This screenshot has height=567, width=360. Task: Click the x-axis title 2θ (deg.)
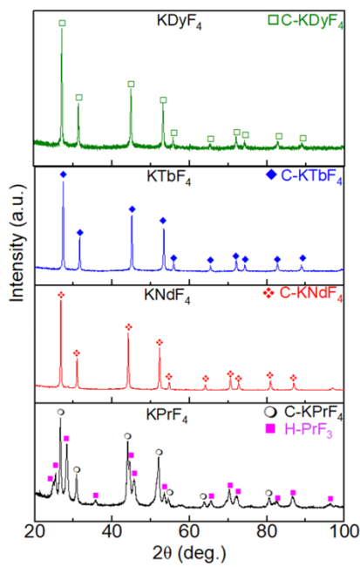point(189,553)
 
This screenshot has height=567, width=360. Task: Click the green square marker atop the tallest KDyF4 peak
point(61,24)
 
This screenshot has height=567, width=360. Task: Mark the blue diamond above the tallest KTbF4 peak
point(63,175)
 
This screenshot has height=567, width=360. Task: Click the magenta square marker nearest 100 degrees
point(330,498)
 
